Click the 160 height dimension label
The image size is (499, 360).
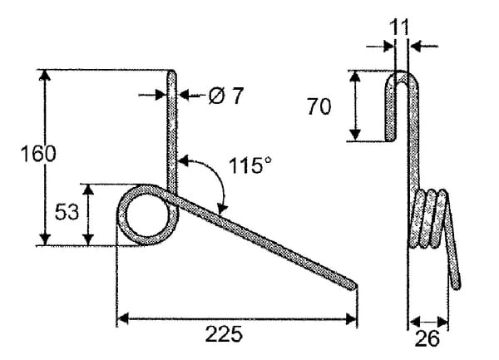[38, 154]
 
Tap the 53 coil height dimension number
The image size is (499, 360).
[67, 212]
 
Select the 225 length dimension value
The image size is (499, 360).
[224, 334]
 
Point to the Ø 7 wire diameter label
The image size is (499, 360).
[226, 96]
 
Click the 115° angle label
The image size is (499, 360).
[251, 165]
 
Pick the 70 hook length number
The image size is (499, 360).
[319, 106]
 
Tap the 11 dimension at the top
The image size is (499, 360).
[399, 27]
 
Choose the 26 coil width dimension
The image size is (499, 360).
[427, 338]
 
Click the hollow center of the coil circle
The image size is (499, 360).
[147, 215]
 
